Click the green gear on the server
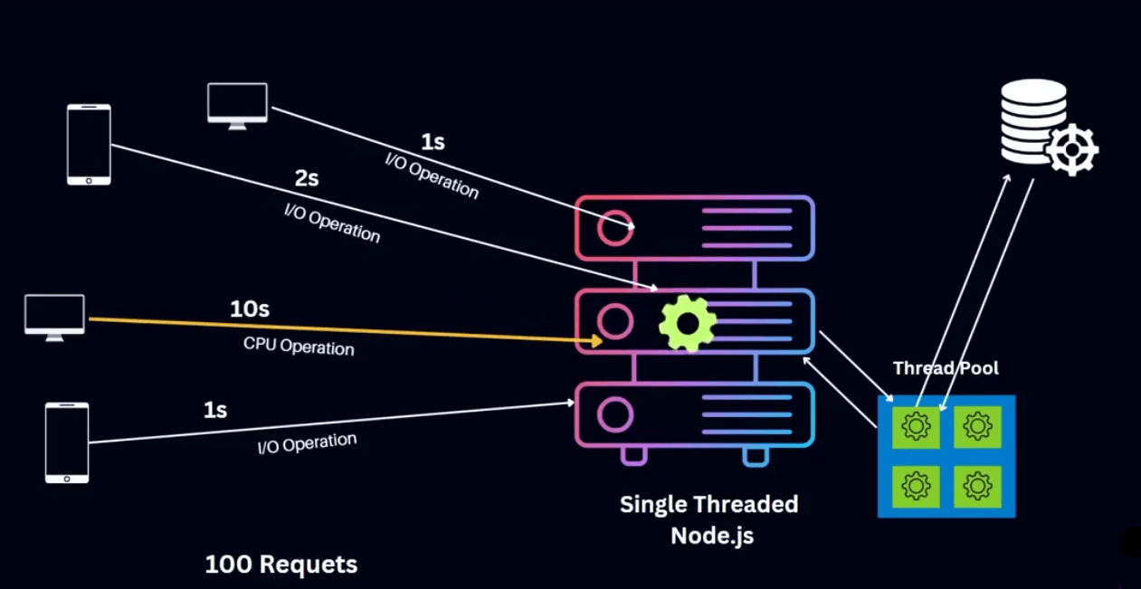tap(688, 322)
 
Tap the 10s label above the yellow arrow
tap(250, 309)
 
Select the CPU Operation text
tap(299, 346)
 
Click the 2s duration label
tap(307, 179)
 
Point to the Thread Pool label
tap(946, 368)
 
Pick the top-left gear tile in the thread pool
tap(917, 426)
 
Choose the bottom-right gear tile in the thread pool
tap(977, 487)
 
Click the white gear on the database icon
tap(1072, 149)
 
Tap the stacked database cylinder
tap(1032, 119)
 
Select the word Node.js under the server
tap(711, 535)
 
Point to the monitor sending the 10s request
tap(54, 317)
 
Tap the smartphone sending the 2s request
tap(89, 145)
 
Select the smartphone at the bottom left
tap(67, 442)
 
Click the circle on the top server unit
tap(614, 228)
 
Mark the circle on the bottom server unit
tap(614, 415)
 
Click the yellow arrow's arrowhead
tap(596, 340)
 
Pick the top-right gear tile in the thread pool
tap(977, 426)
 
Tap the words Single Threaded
tap(708, 504)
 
